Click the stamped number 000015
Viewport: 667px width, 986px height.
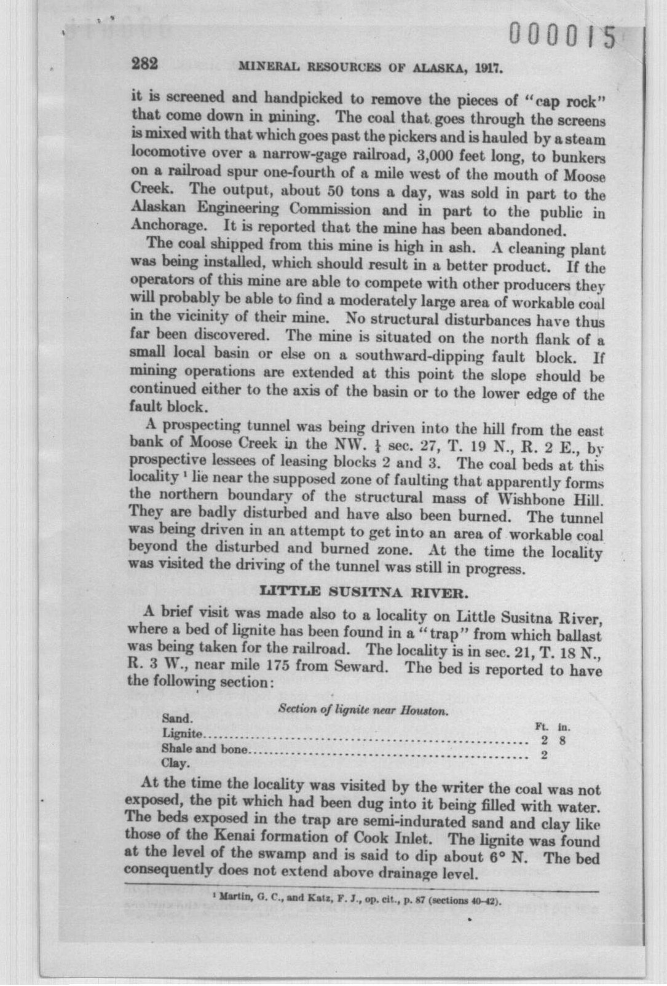562,35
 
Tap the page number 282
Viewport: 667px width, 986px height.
145,64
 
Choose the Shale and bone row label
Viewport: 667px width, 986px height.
204,749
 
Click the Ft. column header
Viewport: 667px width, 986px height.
543,726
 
